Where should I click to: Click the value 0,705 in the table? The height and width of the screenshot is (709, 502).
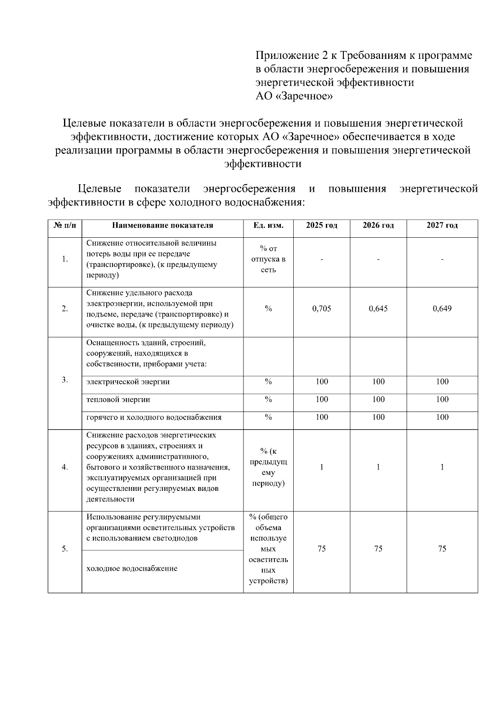(x=321, y=309)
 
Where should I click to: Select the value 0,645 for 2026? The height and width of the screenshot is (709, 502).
(x=378, y=309)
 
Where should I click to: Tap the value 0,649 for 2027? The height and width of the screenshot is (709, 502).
(x=442, y=309)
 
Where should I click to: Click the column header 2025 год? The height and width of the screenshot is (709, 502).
(x=321, y=226)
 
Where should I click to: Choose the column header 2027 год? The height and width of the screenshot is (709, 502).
(x=442, y=226)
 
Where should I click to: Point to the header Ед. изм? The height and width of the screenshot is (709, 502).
(x=268, y=226)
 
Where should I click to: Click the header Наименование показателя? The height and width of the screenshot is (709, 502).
(x=162, y=226)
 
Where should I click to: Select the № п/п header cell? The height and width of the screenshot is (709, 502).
(x=65, y=226)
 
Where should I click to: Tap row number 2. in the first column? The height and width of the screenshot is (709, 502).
(x=65, y=309)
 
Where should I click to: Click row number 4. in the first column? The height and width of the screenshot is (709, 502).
(x=65, y=467)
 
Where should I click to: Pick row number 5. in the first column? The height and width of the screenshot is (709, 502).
(x=65, y=549)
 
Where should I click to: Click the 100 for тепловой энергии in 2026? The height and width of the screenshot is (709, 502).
(x=378, y=399)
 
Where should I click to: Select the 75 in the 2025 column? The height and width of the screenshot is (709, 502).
(x=321, y=549)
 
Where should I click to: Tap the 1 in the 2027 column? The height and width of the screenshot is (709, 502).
(x=442, y=467)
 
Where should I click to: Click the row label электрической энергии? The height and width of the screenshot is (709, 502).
(x=128, y=382)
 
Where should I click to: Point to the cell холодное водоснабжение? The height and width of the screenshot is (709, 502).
(x=131, y=569)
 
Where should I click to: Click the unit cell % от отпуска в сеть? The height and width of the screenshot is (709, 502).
(x=268, y=259)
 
